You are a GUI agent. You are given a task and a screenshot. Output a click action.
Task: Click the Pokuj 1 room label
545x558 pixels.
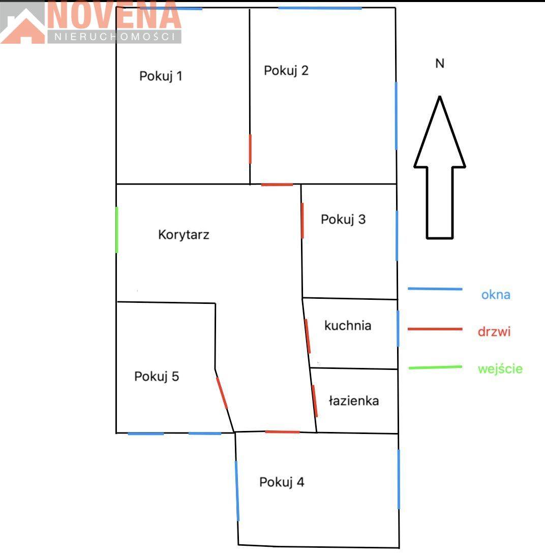[x=161, y=76]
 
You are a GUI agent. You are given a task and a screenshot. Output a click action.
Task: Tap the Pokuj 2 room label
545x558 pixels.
[x=286, y=71]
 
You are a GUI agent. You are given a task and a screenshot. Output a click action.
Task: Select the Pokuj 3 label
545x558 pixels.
[x=343, y=219]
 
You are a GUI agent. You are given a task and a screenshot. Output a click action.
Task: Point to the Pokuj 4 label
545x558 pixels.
[x=282, y=482]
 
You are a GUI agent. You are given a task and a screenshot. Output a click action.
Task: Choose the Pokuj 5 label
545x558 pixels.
[x=157, y=376]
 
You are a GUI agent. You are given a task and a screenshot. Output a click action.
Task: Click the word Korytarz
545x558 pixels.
[x=184, y=235]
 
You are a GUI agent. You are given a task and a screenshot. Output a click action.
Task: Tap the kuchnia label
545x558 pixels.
[x=348, y=325]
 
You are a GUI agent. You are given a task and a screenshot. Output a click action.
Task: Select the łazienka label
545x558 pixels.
[x=353, y=400]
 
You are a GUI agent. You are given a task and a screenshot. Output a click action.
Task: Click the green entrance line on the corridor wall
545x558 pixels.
[x=117, y=230]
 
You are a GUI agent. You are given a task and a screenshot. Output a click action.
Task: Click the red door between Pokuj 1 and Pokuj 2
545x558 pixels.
[x=250, y=149]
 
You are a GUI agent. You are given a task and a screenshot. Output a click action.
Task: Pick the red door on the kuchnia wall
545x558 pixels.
[x=308, y=336]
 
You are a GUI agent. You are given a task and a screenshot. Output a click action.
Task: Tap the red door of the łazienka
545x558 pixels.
[x=315, y=400]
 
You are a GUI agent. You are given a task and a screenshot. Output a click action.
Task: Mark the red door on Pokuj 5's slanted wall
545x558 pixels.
[x=222, y=393]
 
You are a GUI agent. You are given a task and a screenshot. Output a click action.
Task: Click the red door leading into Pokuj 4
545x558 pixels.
[x=282, y=432]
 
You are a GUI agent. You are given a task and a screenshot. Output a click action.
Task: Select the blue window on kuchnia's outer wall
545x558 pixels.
[x=398, y=328]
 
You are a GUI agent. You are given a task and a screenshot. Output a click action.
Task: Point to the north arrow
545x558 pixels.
[x=440, y=167]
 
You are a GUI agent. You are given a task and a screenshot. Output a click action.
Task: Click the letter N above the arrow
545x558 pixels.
[x=440, y=64]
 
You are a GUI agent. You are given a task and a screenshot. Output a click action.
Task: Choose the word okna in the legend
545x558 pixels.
[x=496, y=295]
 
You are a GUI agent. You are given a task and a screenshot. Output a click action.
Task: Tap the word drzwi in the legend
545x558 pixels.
[x=494, y=332]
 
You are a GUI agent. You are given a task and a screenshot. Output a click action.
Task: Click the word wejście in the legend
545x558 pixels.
[x=500, y=368]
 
